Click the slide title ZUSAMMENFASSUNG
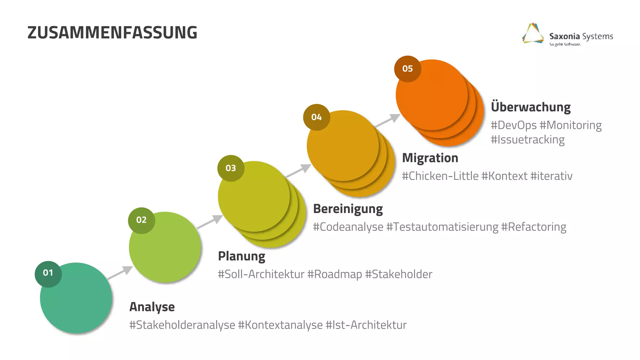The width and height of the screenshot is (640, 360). pyautogui.click(x=112, y=32)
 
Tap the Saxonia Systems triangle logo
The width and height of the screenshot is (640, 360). pyautogui.click(x=533, y=33)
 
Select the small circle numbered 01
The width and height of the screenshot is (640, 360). pyautogui.click(x=48, y=273)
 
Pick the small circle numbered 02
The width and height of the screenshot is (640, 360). pyautogui.click(x=141, y=220)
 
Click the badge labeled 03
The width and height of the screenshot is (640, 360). pyautogui.click(x=231, y=168)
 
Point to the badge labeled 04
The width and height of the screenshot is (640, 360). pyautogui.click(x=316, y=117)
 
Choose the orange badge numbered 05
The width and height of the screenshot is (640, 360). pyautogui.click(x=407, y=69)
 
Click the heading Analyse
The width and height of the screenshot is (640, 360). pyautogui.click(x=152, y=307)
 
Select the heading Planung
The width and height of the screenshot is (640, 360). pyautogui.click(x=242, y=256)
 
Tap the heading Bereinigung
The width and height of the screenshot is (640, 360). pyautogui.click(x=348, y=209)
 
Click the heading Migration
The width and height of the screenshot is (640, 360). pyautogui.click(x=430, y=158)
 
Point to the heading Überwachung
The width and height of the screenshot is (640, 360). pyautogui.click(x=531, y=107)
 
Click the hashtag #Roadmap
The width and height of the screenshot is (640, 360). pyautogui.click(x=334, y=274)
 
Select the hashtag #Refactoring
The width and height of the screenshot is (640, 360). pyautogui.click(x=533, y=227)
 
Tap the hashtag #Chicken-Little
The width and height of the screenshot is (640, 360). pyautogui.click(x=440, y=176)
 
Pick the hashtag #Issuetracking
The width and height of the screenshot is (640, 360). pyautogui.click(x=527, y=140)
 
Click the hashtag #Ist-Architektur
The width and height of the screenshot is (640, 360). pyautogui.click(x=366, y=325)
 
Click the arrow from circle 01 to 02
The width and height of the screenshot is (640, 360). pyautogui.click(x=120, y=272)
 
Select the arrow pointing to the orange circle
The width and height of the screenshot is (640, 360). pyautogui.click(x=387, y=120)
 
